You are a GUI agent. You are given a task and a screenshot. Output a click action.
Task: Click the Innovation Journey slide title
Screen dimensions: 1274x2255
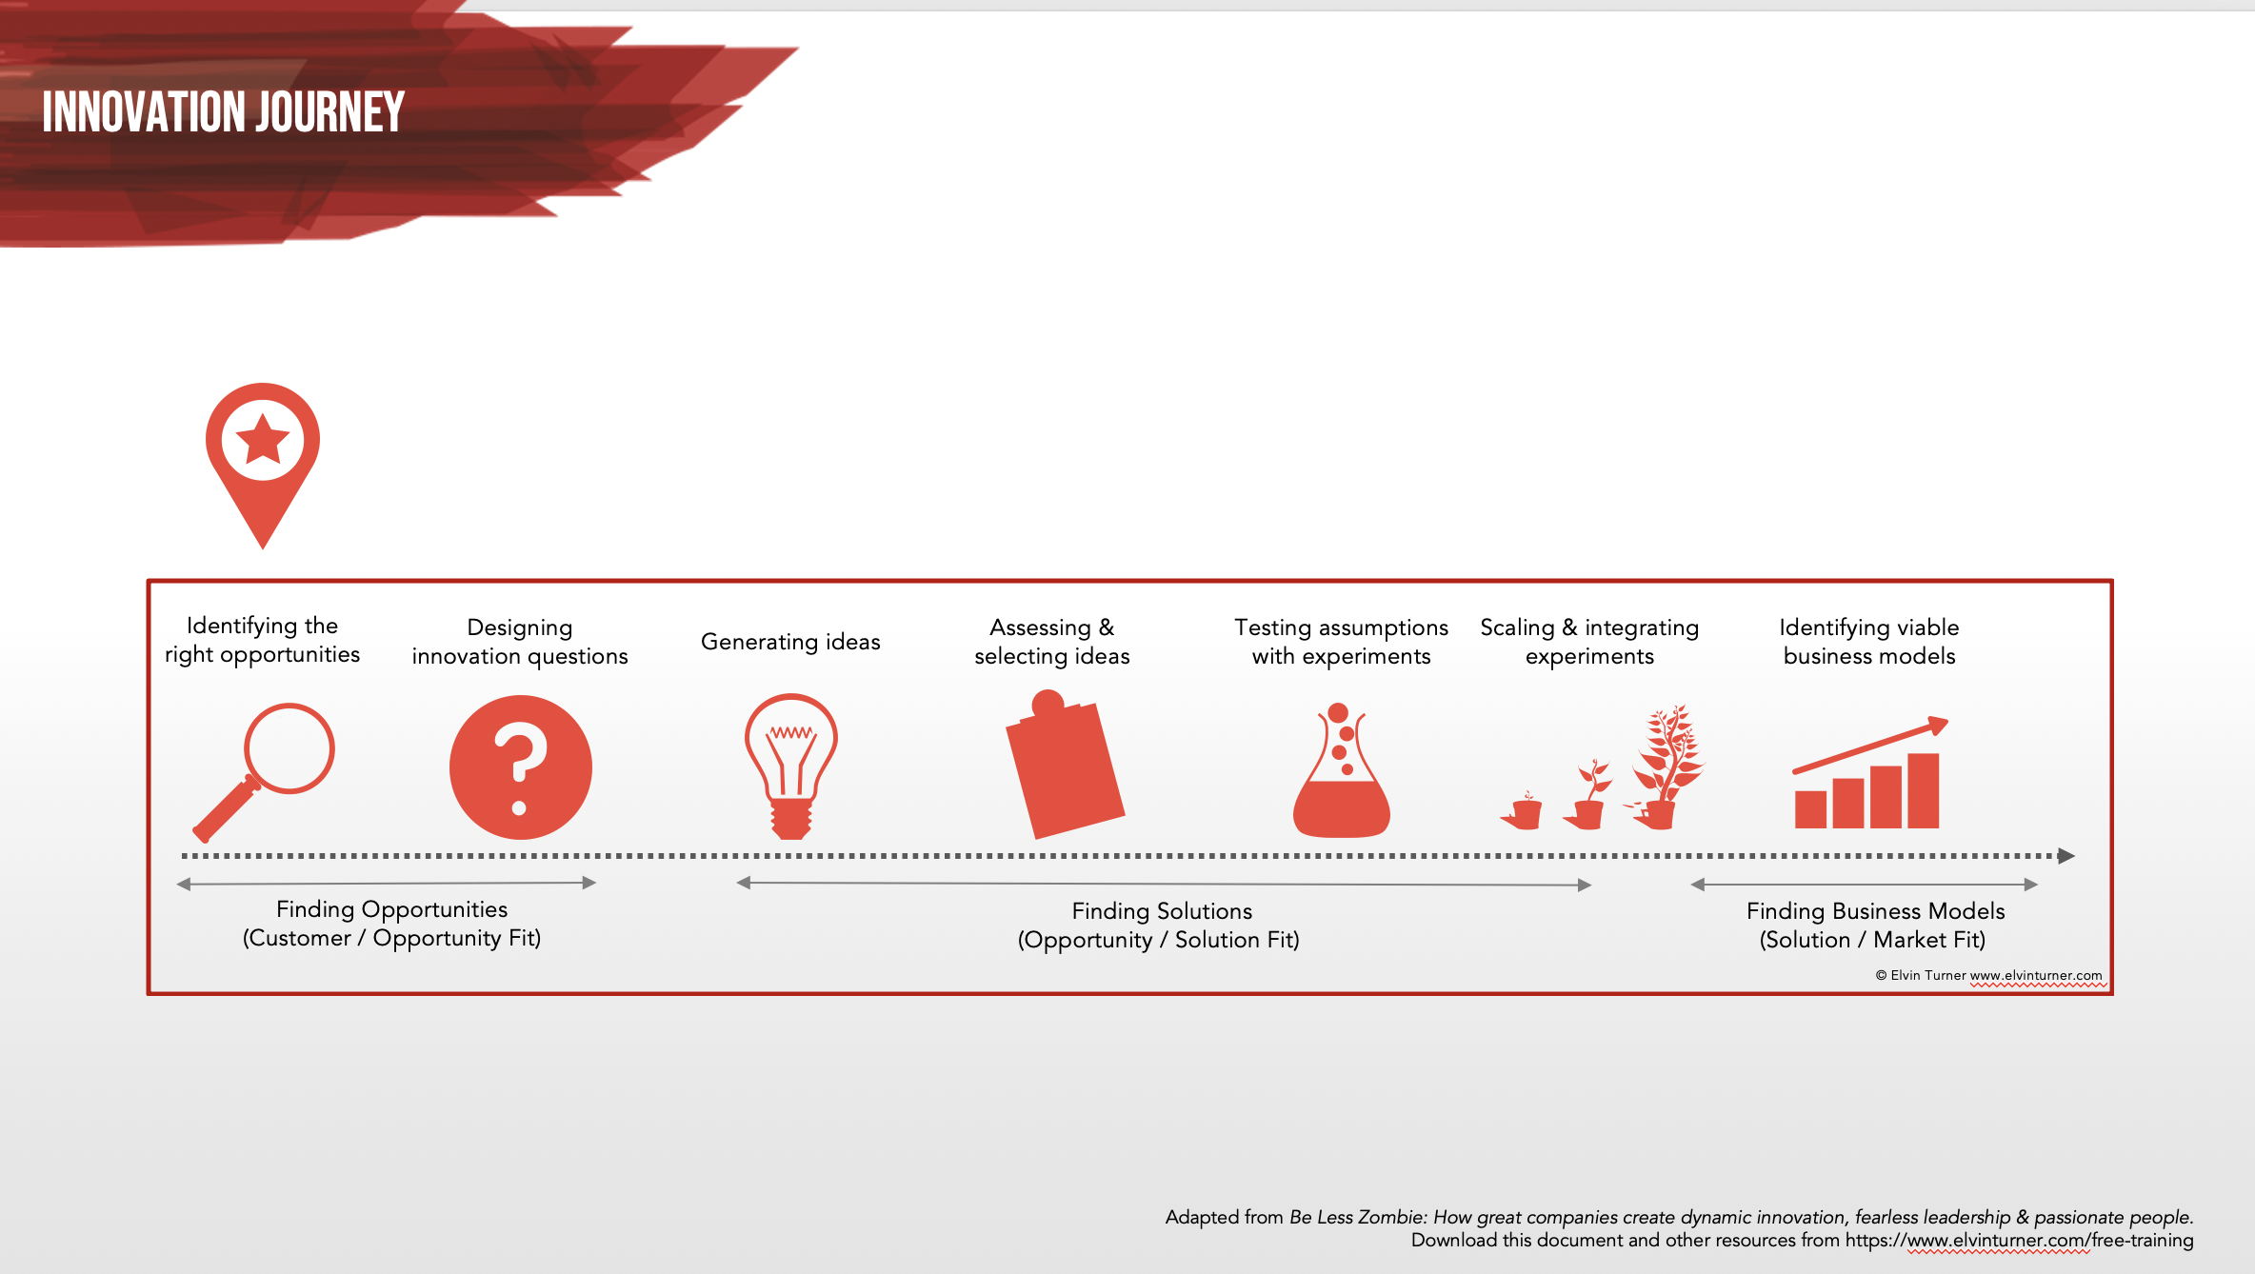tap(224, 112)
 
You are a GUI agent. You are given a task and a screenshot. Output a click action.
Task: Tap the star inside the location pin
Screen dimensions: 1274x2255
tap(263, 440)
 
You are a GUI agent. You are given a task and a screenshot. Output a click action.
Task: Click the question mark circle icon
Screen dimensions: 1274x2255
tap(520, 767)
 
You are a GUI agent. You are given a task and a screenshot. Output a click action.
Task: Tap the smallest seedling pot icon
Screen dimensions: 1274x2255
tap(1524, 811)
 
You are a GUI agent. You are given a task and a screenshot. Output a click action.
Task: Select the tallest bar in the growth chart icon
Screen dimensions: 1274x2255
tap(1923, 790)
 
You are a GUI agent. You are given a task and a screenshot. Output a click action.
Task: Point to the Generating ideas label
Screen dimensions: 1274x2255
tap(790, 642)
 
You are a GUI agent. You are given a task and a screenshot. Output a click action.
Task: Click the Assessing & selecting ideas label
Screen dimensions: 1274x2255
tap(1051, 642)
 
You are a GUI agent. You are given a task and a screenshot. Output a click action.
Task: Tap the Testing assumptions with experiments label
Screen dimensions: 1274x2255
tap(1341, 642)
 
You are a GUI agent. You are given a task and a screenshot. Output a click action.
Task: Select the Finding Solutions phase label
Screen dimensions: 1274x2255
tap(1162, 911)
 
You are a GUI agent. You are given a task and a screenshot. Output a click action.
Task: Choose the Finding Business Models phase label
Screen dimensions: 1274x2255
tap(1875, 911)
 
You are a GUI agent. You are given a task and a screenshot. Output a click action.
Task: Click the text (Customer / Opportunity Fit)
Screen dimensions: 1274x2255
tap(391, 939)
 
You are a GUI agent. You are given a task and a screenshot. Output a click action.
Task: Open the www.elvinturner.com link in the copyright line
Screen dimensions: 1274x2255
tap(2036, 975)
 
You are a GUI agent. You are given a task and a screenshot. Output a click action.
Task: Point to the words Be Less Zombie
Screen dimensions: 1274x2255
tap(1357, 1217)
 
